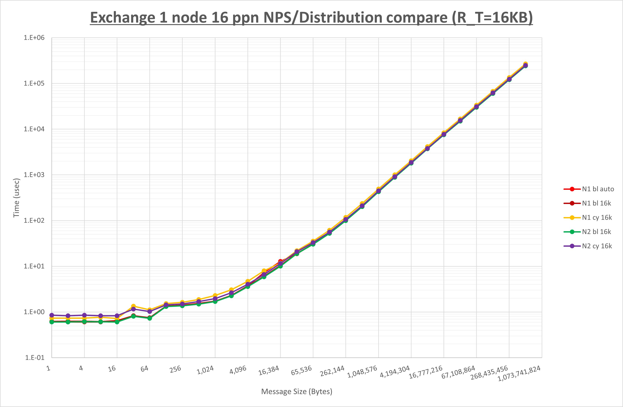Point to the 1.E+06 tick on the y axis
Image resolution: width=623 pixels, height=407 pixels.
coord(34,38)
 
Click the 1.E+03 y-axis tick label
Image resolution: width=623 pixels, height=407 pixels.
coord(34,175)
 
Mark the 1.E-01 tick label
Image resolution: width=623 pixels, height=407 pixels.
coord(34,358)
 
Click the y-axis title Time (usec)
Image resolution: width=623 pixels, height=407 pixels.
coord(16,198)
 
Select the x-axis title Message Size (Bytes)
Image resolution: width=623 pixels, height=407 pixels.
coord(297,392)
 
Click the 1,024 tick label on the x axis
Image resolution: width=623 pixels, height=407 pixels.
coord(205,370)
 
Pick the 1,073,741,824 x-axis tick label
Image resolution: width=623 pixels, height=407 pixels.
coord(519,373)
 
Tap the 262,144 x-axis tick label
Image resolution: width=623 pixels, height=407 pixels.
coord(332,371)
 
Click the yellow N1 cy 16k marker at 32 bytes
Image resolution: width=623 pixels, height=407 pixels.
coord(133,306)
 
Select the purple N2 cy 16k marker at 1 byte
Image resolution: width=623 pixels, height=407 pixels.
coord(52,315)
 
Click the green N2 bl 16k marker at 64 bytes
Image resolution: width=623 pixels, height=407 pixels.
coord(149,318)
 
